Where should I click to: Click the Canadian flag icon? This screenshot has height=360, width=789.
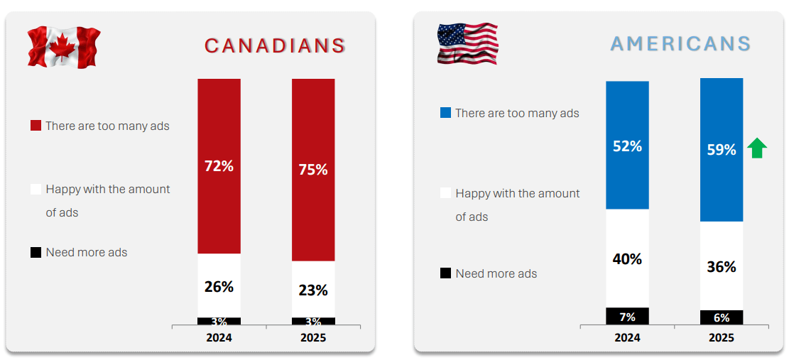[63, 47]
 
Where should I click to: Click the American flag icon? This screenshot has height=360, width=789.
[467, 43]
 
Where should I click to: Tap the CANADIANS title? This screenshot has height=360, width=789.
[275, 46]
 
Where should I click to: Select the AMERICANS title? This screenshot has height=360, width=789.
[680, 44]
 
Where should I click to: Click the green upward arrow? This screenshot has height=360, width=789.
[758, 148]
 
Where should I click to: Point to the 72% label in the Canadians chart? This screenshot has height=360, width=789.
[219, 166]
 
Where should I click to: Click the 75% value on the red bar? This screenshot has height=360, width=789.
[313, 170]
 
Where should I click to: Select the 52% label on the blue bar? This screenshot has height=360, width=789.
[627, 146]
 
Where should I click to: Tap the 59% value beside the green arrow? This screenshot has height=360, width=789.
[722, 150]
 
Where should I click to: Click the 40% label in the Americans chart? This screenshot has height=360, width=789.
[627, 259]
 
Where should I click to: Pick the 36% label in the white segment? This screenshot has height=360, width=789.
[722, 267]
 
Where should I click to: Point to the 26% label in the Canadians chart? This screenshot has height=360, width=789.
[219, 287]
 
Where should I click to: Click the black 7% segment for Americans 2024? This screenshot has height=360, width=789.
[627, 316]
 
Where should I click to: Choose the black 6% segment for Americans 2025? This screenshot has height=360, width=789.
[722, 317]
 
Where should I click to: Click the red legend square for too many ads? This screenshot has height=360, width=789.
[36, 126]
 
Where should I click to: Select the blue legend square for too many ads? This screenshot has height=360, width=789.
[445, 113]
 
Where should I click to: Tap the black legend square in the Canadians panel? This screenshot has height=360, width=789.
[36, 252]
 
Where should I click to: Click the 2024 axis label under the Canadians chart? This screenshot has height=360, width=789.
[219, 338]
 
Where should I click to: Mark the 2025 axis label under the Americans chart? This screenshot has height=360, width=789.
[722, 338]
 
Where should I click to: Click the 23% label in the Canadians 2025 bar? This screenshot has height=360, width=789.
[313, 290]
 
